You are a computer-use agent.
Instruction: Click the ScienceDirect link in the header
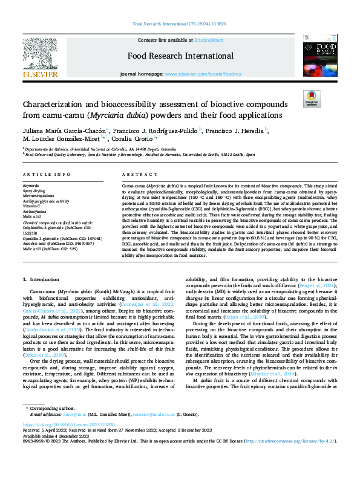point(208,40)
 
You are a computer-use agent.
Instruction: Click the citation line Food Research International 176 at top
point(180,24)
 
